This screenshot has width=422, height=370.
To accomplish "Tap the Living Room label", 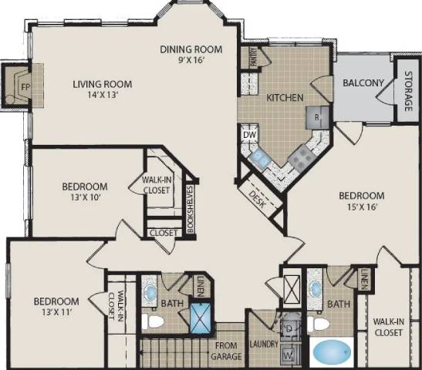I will pos(103,85).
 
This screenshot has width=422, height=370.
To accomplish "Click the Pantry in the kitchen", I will pos(252,57).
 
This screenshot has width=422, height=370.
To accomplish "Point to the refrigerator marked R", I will pos(316,117).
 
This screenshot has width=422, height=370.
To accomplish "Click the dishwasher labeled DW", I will pos(249,135).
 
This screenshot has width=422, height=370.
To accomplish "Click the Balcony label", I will pos(359,83).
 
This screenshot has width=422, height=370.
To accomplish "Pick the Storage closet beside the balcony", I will pos(407,86).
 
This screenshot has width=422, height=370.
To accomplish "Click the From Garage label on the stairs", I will pos(228,351).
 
